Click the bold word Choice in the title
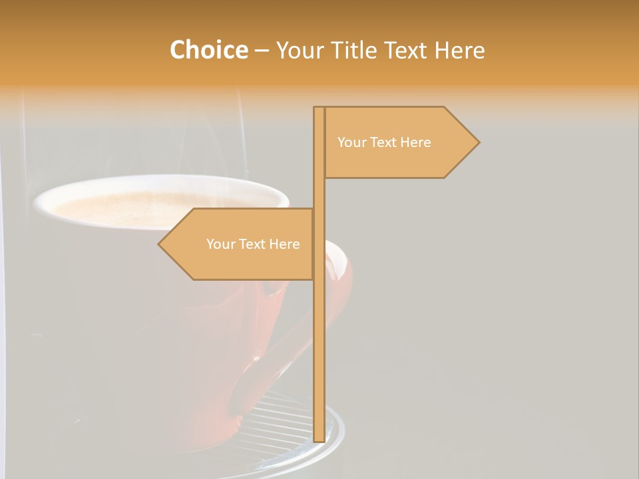(208, 50)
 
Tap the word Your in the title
(301, 50)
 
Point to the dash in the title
(262, 51)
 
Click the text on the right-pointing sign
(384, 142)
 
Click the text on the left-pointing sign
(253, 244)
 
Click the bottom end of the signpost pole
(319, 438)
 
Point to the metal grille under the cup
(280, 426)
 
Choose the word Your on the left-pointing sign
(219, 244)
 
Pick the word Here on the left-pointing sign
(284, 244)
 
